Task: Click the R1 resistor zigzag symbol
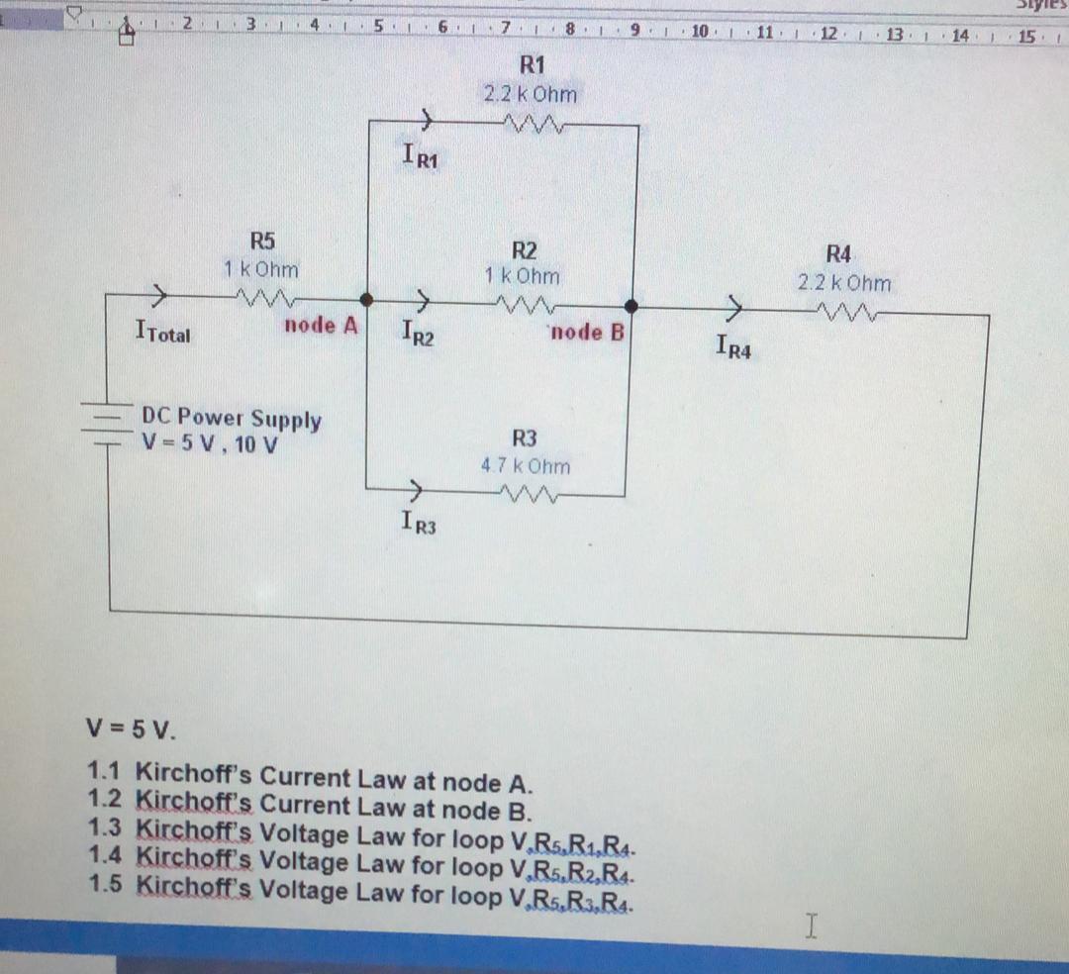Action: point(533,124)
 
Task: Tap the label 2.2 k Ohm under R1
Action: point(530,94)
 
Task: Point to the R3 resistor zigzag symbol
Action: point(532,493)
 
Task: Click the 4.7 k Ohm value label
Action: point(526,465)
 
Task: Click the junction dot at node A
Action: point(366,299)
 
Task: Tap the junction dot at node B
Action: point(630,307)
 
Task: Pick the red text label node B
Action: point(588,332)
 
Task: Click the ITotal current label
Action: point(162,333)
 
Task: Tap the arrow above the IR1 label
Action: point(424,122)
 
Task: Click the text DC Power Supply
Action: point(233,419)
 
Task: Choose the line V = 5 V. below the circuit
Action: point(130,733)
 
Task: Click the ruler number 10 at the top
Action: point(699,32)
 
